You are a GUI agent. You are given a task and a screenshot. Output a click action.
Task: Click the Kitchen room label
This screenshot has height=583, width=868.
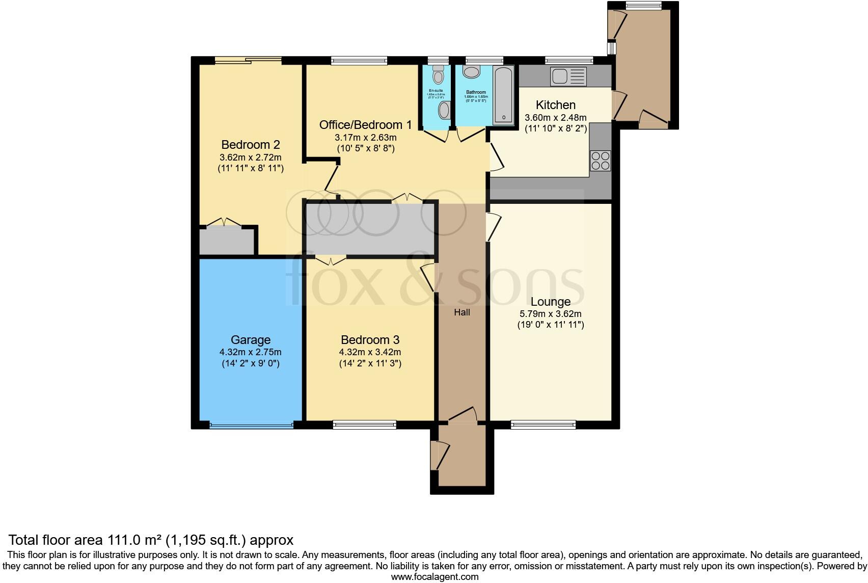tap(555, 105)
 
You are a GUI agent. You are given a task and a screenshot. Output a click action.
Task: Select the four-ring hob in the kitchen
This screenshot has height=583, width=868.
tap(600, 161)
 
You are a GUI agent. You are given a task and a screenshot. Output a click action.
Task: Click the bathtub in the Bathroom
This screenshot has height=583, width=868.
tap(504, 95)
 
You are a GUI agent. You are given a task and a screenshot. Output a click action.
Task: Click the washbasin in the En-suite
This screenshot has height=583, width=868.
tap(444, 110)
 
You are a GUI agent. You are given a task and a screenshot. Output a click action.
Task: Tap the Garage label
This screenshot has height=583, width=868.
tap(250, 340)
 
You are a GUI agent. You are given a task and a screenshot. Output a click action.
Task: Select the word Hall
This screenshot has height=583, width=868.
tap(462, 312)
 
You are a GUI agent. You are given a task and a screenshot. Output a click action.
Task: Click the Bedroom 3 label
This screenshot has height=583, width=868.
tap(370, 340)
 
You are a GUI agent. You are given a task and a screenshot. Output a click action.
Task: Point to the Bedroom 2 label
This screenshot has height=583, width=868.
tap(250, 144)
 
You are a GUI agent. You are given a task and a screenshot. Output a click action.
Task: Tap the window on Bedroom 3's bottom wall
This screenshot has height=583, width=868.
tap(364, 424)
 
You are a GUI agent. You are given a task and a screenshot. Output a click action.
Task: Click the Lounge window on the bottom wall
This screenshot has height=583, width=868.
tap(543, 424)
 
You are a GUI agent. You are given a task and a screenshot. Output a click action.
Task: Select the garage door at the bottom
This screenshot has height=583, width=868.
tap(251, 425)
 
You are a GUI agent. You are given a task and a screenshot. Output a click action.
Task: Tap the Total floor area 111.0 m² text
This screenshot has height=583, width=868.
tap(151, 540)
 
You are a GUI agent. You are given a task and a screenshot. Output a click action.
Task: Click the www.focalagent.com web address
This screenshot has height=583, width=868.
tap(435, 577)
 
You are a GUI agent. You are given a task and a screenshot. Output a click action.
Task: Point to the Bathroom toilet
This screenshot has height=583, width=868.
tap(472, 72)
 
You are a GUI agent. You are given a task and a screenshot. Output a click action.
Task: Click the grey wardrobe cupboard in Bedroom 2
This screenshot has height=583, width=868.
tap(226, 242)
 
